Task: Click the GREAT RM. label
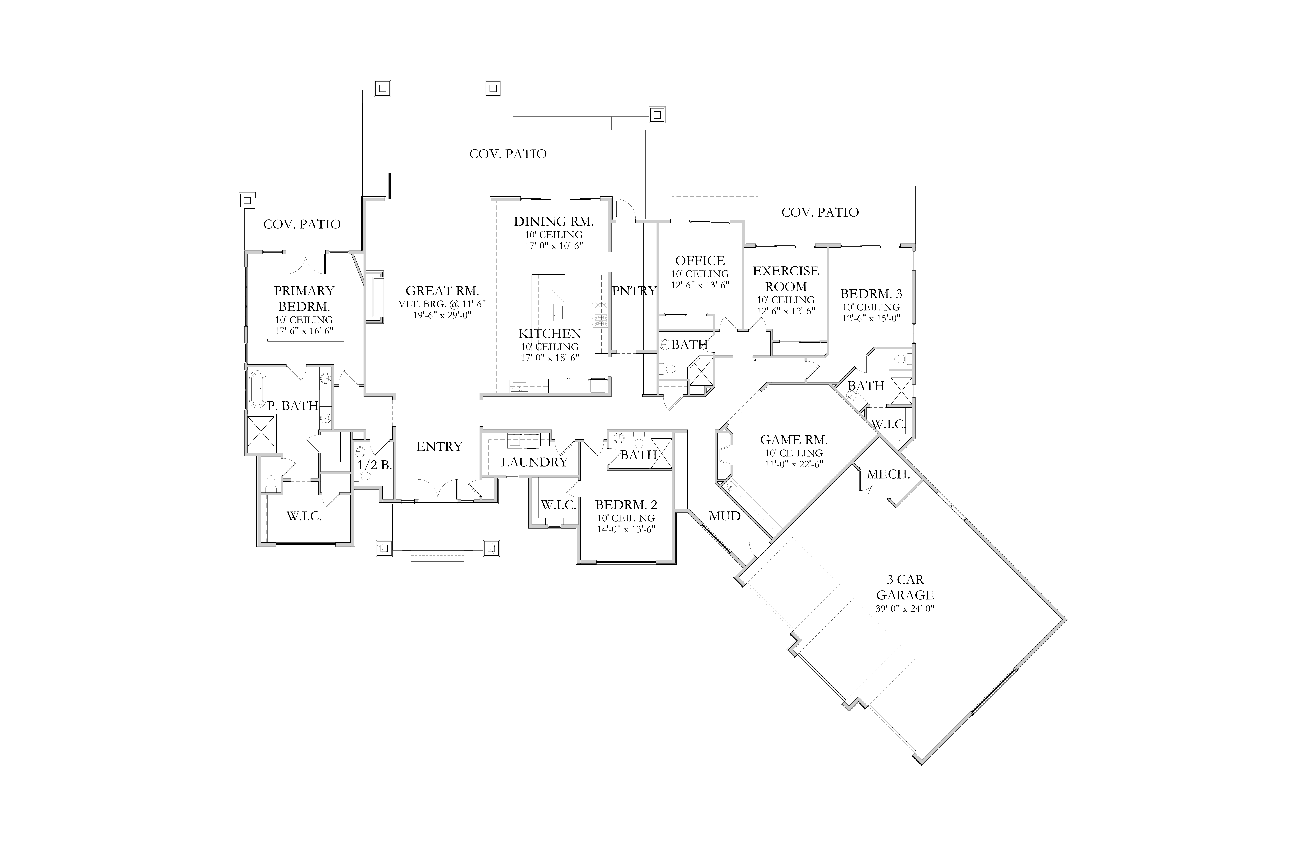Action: coord(442,291)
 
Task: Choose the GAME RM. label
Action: coord(794,440)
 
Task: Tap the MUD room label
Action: coord(725,516)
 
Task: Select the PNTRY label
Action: coord(634,291)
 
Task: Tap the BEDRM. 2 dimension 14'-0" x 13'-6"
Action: coord(626,529)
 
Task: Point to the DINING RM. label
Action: coord(554,222)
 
